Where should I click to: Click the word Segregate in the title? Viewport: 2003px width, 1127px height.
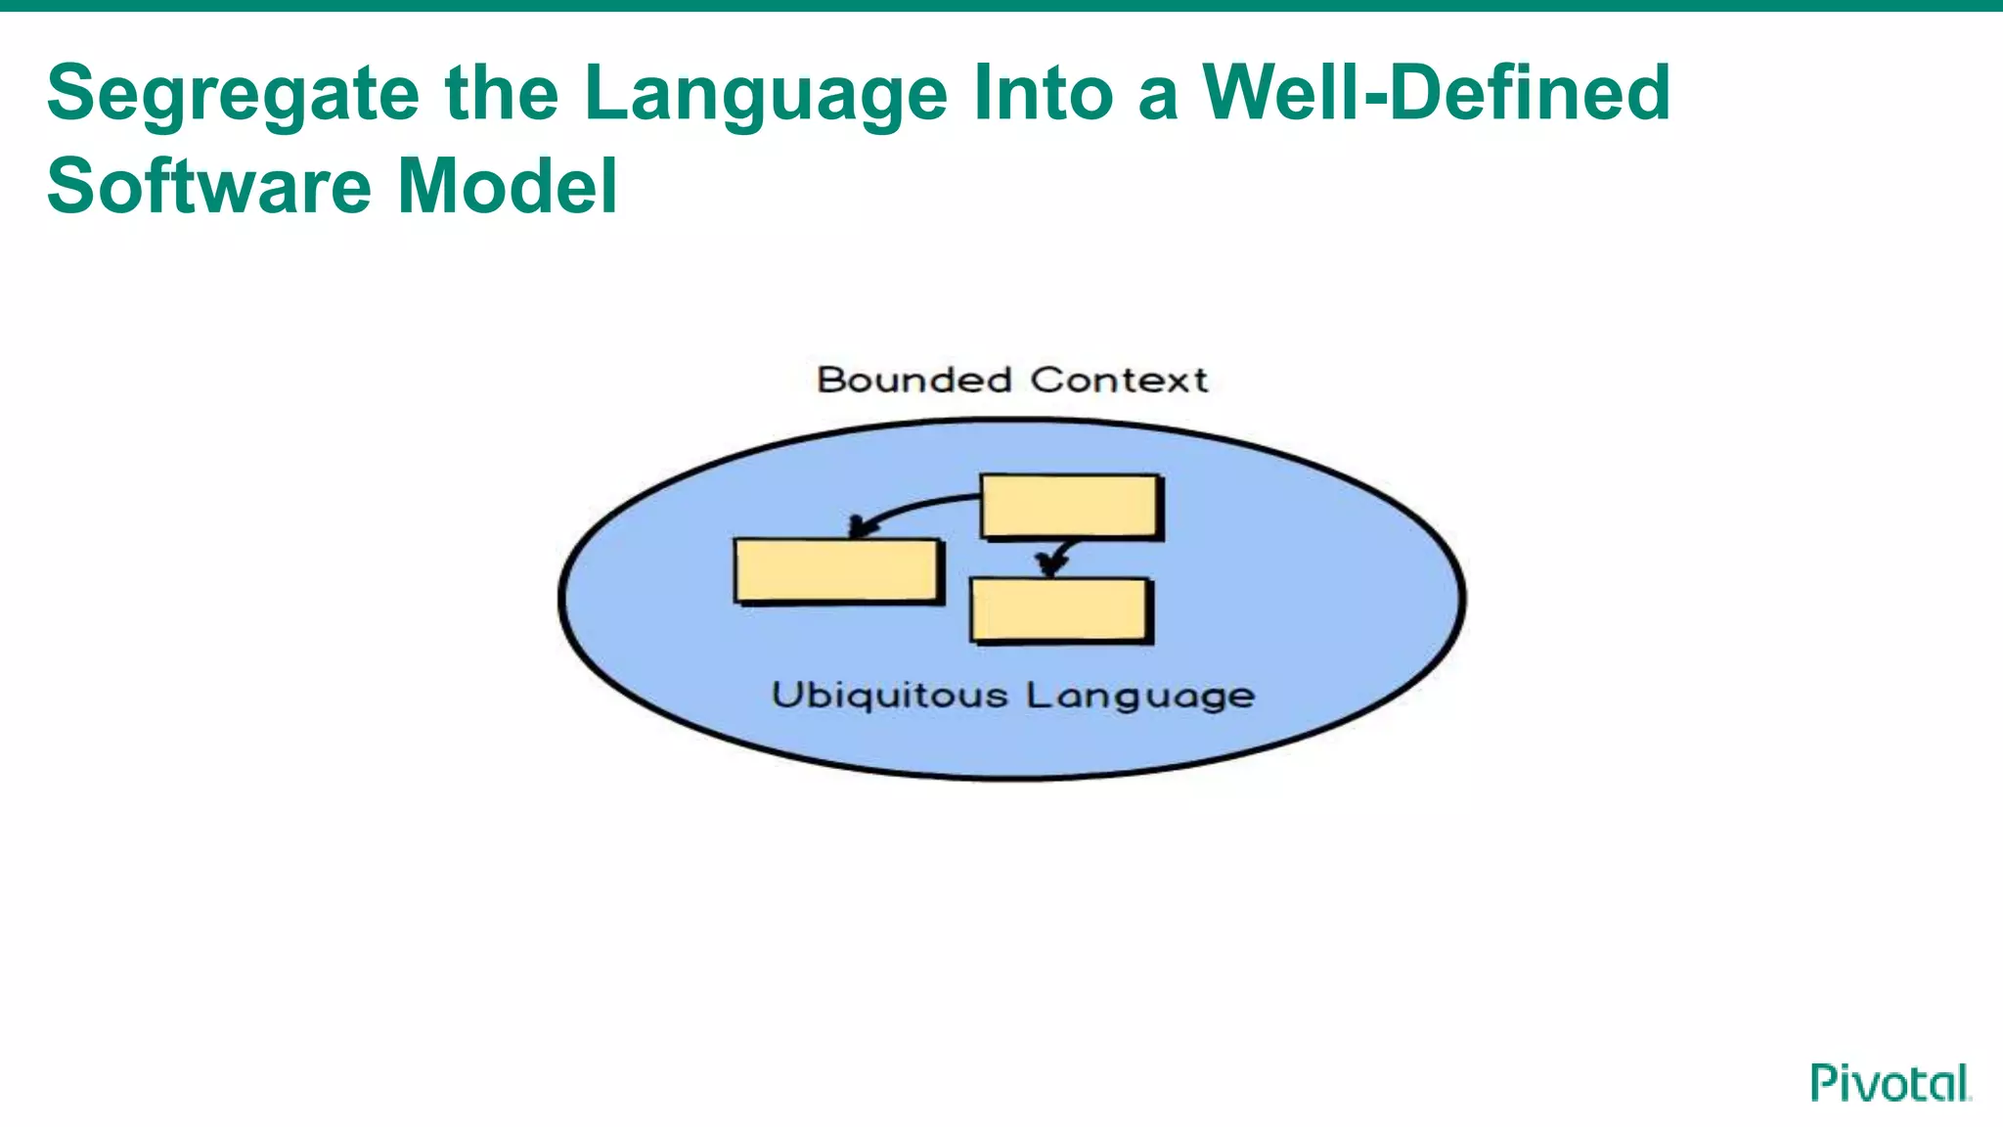(x=233, y=94)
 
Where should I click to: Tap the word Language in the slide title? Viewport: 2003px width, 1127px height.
(x=765, y=94)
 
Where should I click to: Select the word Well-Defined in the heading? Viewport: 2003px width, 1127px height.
(x=1436, y=92)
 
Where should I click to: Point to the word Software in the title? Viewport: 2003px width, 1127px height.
(x=208, y=186)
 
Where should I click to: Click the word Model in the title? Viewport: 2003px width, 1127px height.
(x=508, y=186)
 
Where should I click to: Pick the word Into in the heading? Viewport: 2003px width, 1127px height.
(x=1043, y=92)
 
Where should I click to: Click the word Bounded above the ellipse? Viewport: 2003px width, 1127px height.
(x=913, y=380)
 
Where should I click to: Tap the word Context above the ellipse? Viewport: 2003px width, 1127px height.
(x=1119, y=380)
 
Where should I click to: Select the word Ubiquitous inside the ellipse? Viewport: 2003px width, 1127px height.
(x=889, y=696)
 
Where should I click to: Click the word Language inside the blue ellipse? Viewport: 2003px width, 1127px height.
(x=1140, y=697)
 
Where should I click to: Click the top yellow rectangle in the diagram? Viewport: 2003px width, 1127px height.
(x=1071, y=506)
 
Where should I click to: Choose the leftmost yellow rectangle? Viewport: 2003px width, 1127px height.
(x=837, y=570)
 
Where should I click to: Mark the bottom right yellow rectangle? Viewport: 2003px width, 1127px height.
(x=1060, y=609)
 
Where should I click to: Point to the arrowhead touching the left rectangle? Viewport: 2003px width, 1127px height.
(x=860, y=526)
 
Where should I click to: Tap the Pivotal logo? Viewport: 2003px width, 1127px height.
(x=1890, y=1083)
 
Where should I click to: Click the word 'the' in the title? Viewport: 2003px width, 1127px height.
(x=501, y=92)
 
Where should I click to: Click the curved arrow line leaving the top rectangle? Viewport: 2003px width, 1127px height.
(x=919, y=506)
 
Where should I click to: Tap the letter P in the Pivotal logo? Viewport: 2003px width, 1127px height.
(x=1822, y=1082)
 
